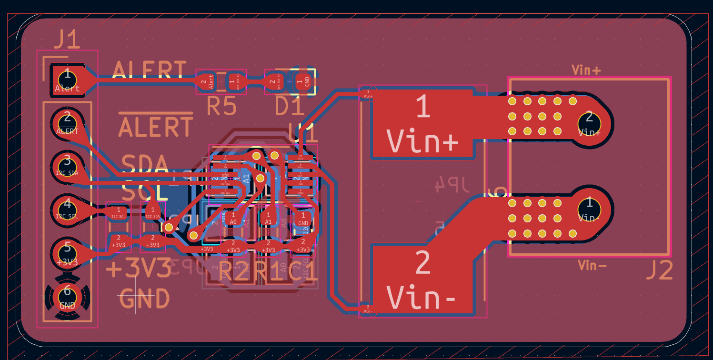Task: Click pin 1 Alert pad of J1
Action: click(x=67, y=79)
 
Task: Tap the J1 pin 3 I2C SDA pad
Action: click(x=67, y=165)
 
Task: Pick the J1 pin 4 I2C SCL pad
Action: click(x=67, y=208)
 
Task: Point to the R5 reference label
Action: click(x=221, y=107)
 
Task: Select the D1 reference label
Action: click(x=289, y=107)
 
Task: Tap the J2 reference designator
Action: click(x=659, y=270)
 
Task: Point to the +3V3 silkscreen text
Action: click(x=138, y=270)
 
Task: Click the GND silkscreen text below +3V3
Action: click(x=144, y=299)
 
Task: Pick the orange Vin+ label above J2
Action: click(x=586, y=70)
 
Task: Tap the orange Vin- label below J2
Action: click(x=592, y=265)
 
